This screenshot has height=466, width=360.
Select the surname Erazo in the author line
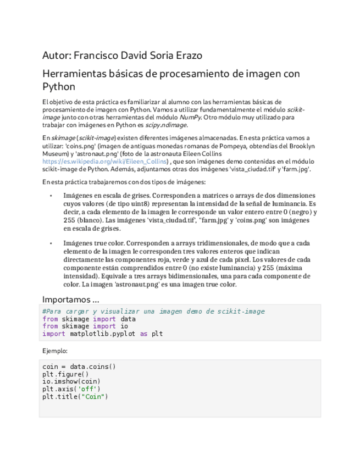pyautogui.click(x=186, y=56)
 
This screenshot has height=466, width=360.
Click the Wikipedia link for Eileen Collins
pyautogui.click(x=105, y=162)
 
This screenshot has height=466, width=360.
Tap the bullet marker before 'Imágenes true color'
pyautogui.click(x=51, y=243)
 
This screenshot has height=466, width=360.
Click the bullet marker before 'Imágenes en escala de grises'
pyautogui.click(x=51, y=195)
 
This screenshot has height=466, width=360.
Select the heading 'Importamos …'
pyautogui.click(x=71, y=299)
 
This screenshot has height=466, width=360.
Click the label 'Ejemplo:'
pyautogui.click(x=55, y=350)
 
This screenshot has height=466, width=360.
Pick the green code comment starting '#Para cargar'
pyautogui.click(x=153, y=312)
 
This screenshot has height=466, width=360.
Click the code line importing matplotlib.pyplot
pyautogui.click(x=102, y=334)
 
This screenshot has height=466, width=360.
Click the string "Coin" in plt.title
pyautogui.click(x=95, y=396)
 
